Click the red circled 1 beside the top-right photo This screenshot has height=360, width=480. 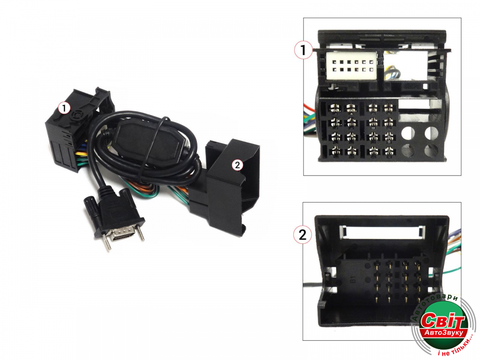[303, 50]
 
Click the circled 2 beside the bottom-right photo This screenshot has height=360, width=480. [302, 235]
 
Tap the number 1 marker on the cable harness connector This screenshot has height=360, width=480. [64, 108]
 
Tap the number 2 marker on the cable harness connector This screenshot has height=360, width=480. [237, 165]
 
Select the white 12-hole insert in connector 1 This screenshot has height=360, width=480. [352, 66]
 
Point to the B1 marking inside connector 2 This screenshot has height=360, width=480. [352, 279]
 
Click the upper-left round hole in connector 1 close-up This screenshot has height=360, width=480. [408, 132]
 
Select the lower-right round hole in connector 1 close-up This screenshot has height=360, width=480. [432, 151]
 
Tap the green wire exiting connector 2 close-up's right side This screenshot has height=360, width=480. [453, 270]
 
